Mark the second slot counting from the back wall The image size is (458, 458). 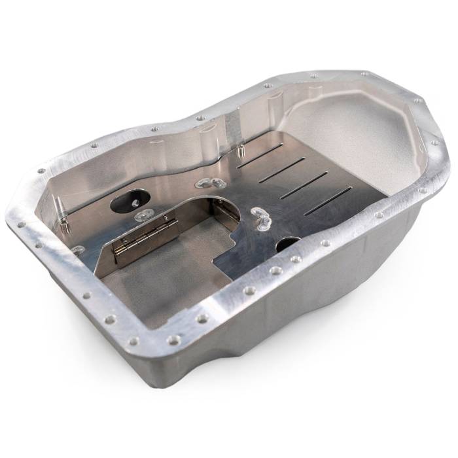tap(281, 169)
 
